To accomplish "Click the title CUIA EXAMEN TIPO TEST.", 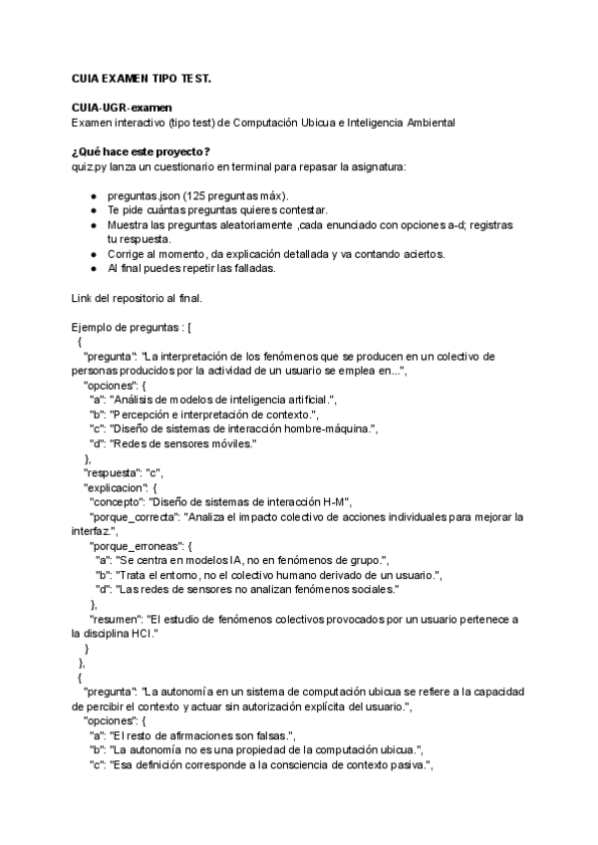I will (x=142, y=77).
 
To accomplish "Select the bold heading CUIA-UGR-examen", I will (x=114, y=108).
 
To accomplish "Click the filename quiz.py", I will (x=90, y=165).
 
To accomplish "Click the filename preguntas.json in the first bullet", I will (x=143, y=196).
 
